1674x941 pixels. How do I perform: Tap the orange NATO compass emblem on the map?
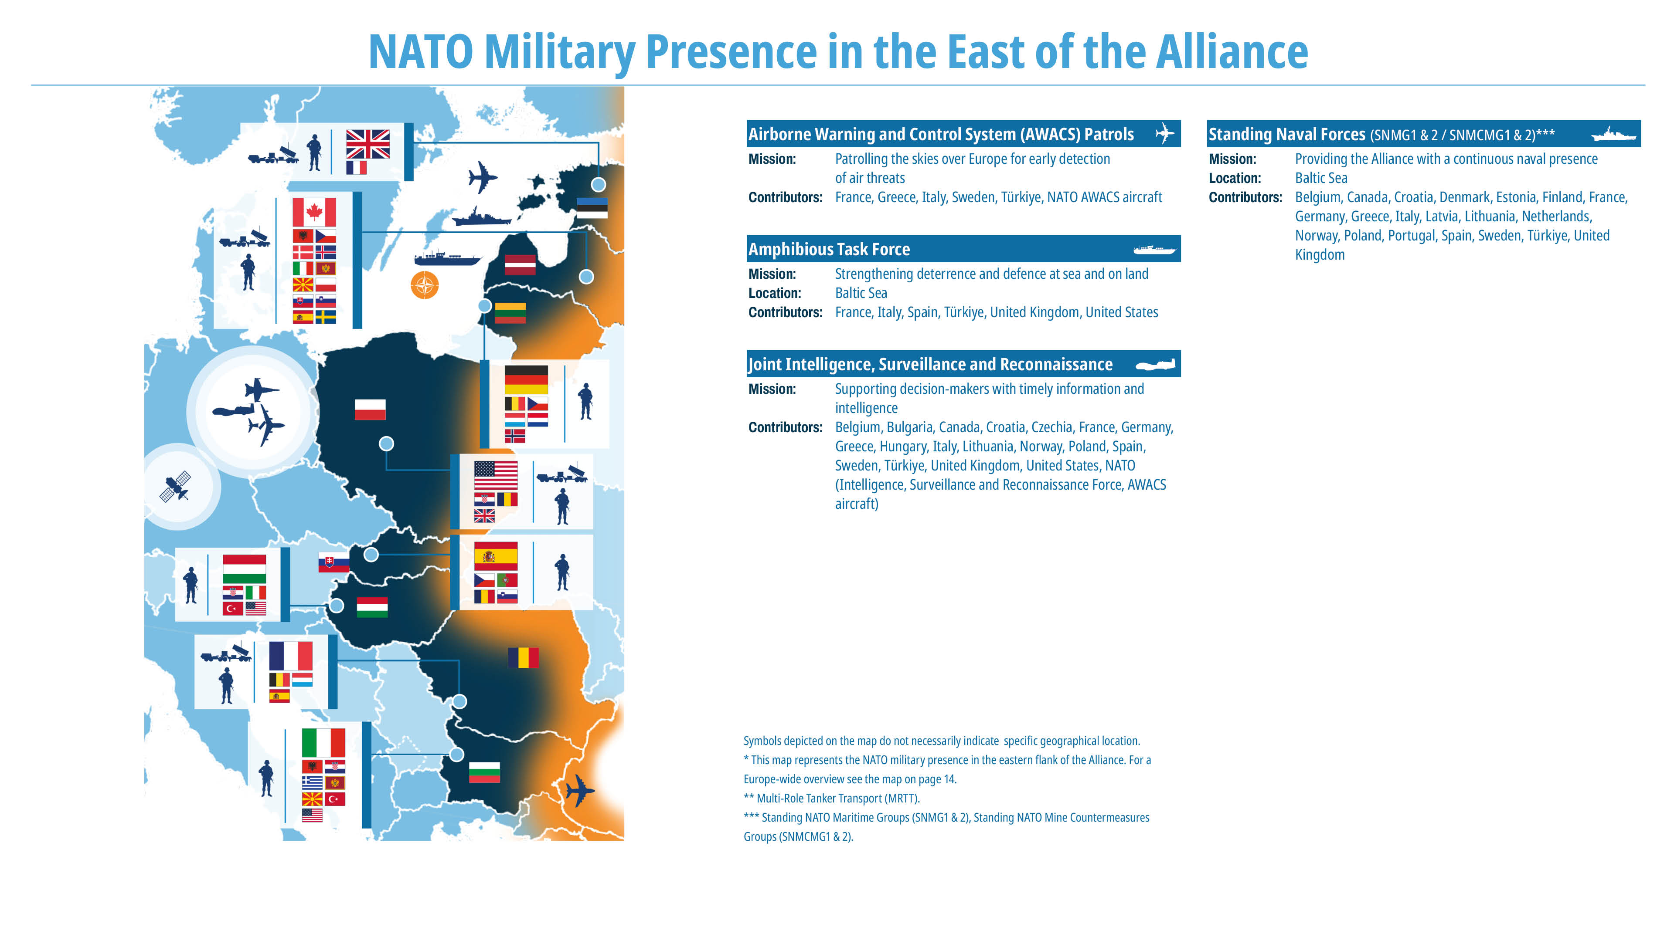tap(424, 285)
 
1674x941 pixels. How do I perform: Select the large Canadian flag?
tap(314, 212)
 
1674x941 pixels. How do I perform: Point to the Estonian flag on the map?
tap(592, 208)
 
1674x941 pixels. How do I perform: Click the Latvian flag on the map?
tap(520, 265)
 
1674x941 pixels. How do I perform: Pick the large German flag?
tap(526, 379)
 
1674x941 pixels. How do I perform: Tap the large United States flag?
tap(496, 475)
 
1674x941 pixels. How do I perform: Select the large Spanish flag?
tap(496, 556)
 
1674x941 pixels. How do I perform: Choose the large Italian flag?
tap(323, 743)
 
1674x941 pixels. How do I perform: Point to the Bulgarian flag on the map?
tap(484, 772)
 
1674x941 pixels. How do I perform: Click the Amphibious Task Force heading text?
tap(829, 249)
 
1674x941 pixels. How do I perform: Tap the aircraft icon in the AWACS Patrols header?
tap(1164, 134)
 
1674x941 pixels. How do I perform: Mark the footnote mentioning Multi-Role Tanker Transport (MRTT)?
tap(832, 798)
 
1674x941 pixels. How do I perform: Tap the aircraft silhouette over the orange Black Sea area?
tap(579, 791)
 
